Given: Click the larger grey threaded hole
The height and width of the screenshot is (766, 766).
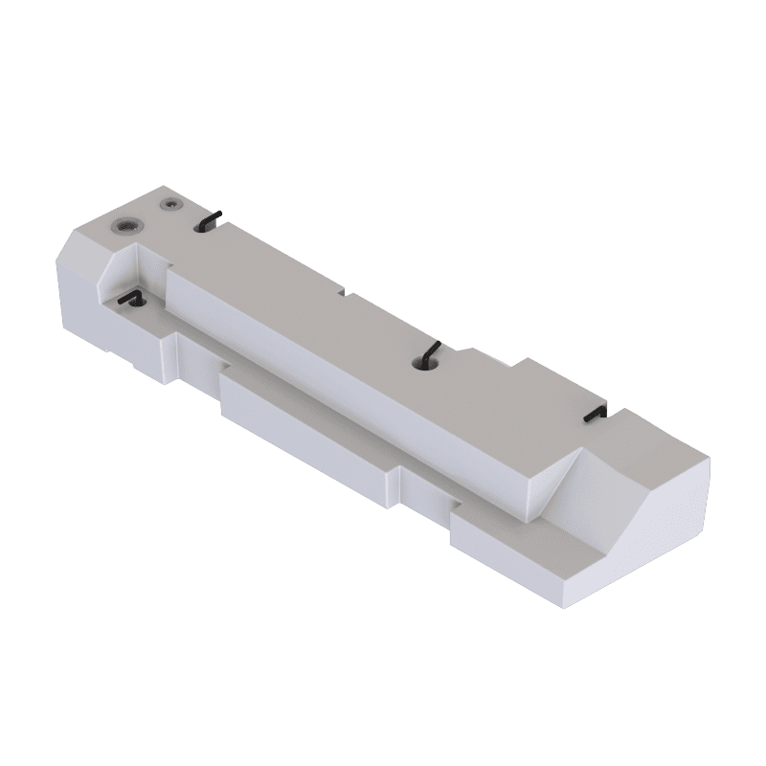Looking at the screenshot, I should coord(125,226).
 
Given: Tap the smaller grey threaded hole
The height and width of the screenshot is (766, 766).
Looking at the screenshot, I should coord(170,205).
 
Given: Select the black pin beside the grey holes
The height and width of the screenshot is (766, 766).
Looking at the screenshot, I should coord(212,220).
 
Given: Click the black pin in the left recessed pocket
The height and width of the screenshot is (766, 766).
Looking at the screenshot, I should coord(129,300).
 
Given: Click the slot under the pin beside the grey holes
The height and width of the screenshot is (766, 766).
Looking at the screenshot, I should coord(205,226).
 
